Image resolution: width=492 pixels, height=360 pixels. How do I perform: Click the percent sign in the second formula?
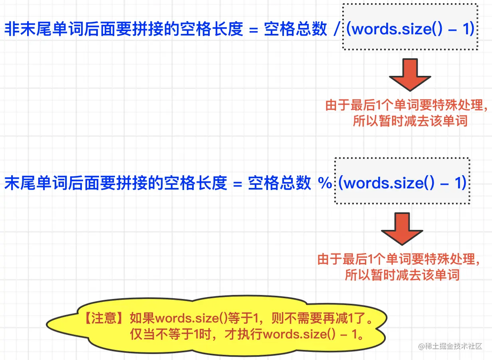325,183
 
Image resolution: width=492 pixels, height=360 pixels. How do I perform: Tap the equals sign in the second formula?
237,184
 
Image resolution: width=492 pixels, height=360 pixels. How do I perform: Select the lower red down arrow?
402,229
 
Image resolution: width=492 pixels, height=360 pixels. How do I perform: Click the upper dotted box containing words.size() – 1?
410,27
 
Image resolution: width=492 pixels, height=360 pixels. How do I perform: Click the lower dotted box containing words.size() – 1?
402,181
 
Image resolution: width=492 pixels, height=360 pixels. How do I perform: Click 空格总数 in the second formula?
280,184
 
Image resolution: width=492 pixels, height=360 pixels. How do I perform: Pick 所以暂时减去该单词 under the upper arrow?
410,121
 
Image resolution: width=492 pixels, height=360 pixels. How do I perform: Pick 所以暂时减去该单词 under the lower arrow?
402,275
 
